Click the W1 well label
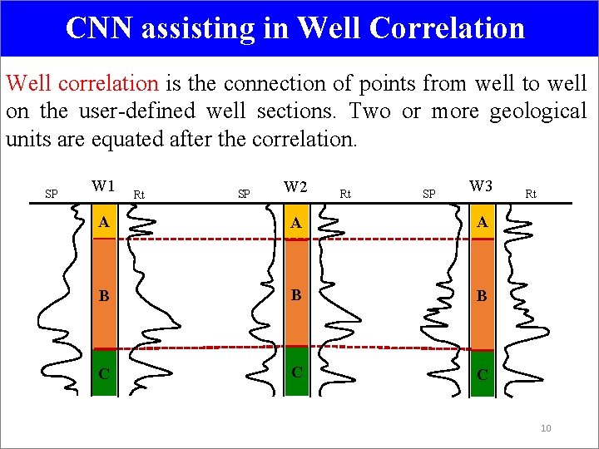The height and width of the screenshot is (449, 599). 103,185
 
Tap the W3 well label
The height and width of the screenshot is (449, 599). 481,185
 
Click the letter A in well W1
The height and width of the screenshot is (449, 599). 102,222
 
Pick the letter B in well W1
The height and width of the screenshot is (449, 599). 102,295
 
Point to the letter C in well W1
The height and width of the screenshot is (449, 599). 102,373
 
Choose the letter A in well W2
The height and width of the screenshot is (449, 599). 295,224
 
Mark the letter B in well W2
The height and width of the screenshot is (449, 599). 295,294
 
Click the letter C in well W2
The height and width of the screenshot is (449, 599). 295,370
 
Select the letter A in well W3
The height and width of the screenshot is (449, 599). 481,222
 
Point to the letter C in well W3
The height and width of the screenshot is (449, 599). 481,374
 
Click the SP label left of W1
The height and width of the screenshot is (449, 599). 51,195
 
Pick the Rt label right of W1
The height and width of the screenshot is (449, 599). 140,195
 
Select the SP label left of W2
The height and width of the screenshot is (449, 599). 244,195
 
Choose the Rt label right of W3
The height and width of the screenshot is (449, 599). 531,195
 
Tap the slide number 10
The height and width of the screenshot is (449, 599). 546,428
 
